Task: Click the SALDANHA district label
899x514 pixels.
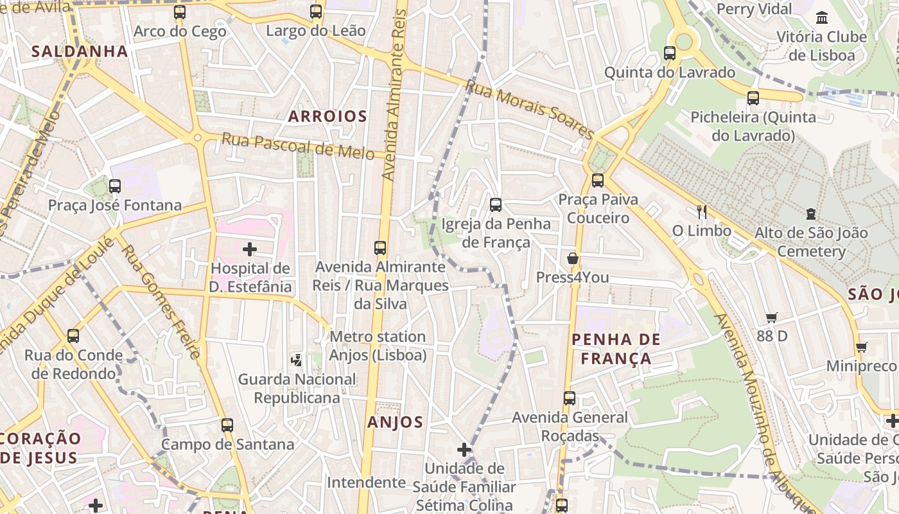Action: point(80,51)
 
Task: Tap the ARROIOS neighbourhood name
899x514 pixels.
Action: point(327,116)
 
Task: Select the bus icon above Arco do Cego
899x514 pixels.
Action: point(180,12)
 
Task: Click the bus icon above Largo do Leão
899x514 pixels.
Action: point(316,12)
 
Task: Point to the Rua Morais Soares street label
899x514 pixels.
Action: point(530,109)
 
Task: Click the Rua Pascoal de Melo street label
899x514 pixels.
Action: point(298,146)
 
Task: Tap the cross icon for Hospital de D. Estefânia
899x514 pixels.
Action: point(250,249)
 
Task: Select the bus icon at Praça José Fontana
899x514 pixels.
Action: point(115,186)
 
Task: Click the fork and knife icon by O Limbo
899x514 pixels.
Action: point(701,211)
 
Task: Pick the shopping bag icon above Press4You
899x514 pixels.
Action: point(572,258)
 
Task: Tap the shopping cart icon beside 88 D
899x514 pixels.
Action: point(771,317)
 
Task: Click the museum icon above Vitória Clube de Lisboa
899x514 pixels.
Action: point(821,17)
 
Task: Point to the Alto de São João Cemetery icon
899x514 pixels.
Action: point(811,214)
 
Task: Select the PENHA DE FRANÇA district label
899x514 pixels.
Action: point(616,349)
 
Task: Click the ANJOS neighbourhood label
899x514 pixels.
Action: point(395,422)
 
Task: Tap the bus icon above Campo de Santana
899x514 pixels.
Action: point(227,425)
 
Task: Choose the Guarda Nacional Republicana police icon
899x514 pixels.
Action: point(296,360)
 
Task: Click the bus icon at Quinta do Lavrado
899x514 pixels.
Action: point(670,53)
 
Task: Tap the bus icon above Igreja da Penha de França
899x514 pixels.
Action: point(496,205)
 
